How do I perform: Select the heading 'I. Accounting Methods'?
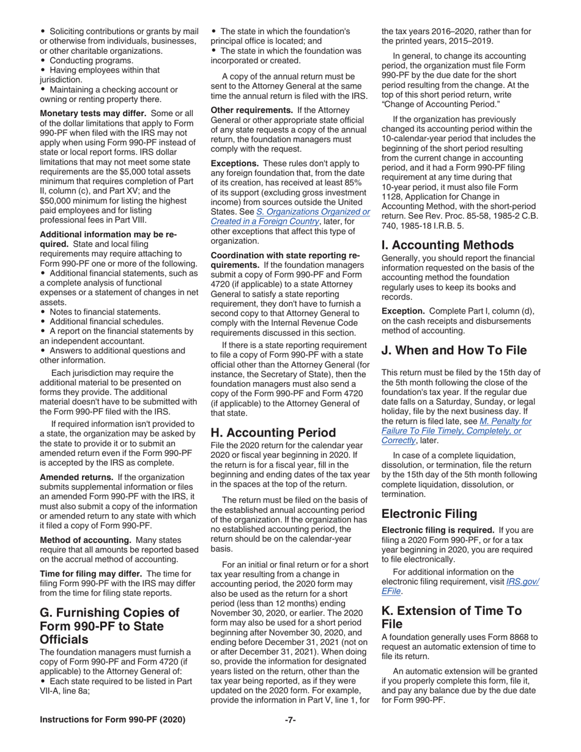pos(448,245)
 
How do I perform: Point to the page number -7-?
pos(290,720)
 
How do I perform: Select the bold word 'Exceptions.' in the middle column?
pos(235,164)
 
